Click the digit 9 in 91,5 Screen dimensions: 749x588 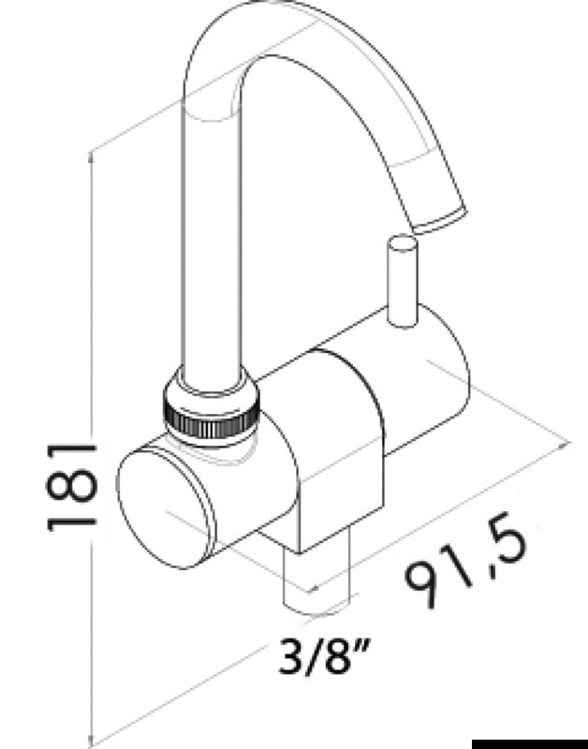424,588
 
